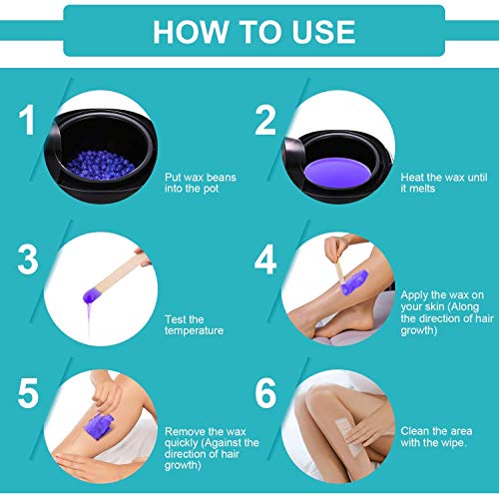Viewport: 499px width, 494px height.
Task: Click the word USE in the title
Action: (323, 32)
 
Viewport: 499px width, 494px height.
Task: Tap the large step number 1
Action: (27, 120)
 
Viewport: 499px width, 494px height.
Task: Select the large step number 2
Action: (265, 120)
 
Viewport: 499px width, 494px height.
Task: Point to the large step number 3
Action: (28, 259)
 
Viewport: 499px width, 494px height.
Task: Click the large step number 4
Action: (265, 259)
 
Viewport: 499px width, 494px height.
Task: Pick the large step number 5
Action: (28, 393)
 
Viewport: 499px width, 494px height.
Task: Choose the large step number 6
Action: (265, 393)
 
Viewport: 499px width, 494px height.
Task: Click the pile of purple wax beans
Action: (101, 165)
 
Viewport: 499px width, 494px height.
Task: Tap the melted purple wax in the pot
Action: (337, 173)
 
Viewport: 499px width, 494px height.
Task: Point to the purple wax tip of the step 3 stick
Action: (90, 295)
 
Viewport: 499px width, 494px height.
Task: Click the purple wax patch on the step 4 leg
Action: (354, 282)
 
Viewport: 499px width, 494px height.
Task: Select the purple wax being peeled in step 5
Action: (99, 426)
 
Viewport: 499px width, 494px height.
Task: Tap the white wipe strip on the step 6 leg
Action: (348, 437)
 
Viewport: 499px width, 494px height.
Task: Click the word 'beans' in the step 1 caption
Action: (222, 178)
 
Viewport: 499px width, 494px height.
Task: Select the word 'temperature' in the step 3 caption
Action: (194, 331)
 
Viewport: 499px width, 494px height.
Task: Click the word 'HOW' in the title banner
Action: (190, 32)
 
